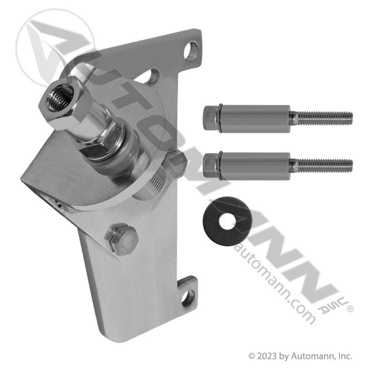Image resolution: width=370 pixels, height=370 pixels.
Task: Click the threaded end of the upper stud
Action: click(x=325, y=118)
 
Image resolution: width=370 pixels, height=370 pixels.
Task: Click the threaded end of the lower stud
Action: click(x=325, y=166)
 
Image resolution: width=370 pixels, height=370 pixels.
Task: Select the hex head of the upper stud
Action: click(x=211, y=119)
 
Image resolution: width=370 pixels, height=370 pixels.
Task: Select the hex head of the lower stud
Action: click(x=211, y=166)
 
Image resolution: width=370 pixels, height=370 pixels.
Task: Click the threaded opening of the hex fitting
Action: click(x=58, y=98)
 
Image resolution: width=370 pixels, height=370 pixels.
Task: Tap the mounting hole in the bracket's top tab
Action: click(x=191, y=52)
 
